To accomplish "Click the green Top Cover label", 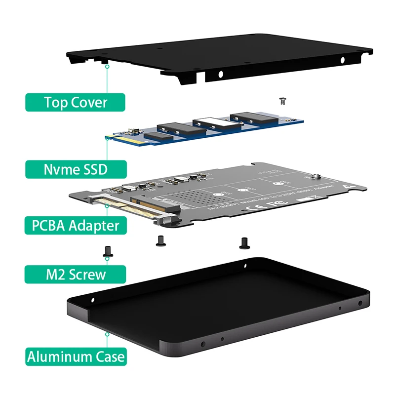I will pos(76,102).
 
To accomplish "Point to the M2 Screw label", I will pos(76,274).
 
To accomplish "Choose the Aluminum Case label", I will pos(76,356).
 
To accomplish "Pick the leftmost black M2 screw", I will pos(106,252).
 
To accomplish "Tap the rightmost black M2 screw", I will pos(243,242).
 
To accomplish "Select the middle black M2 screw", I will pos(160,241).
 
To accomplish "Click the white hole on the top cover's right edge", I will pos(343,60).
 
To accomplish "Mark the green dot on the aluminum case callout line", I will pos(107,334).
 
